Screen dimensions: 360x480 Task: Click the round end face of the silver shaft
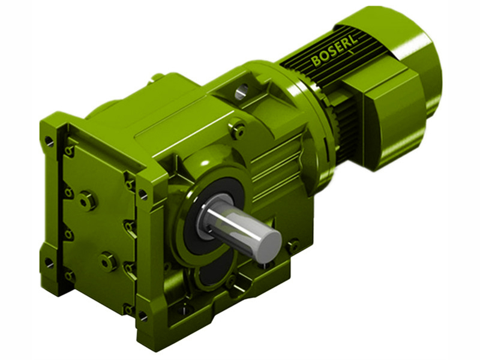(x=266, y=245)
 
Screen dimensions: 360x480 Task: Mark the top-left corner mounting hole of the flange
(x=49, y=142)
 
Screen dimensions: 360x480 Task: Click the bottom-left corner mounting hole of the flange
(x=48, y=262)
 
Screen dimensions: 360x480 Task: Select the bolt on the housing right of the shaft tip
(x=292, y=245)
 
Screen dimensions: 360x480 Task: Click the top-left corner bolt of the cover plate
(x=70, y=150)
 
